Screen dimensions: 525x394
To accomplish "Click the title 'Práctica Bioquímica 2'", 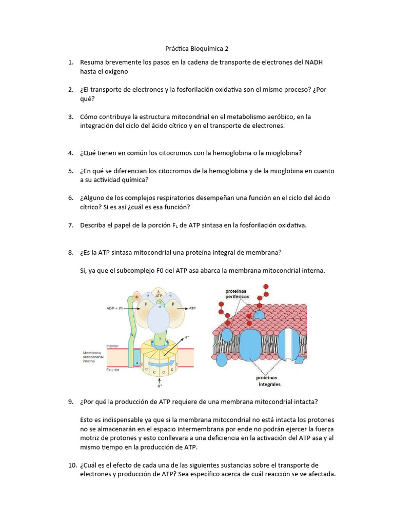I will (197, 49).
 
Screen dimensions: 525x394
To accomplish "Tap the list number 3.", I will (71, 117).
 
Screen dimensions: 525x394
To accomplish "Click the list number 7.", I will (71, 225).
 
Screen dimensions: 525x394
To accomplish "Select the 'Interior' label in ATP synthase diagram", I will (112, 346).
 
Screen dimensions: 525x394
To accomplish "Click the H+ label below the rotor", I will (161, 388).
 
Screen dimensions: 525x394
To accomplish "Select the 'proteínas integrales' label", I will (268, 381).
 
